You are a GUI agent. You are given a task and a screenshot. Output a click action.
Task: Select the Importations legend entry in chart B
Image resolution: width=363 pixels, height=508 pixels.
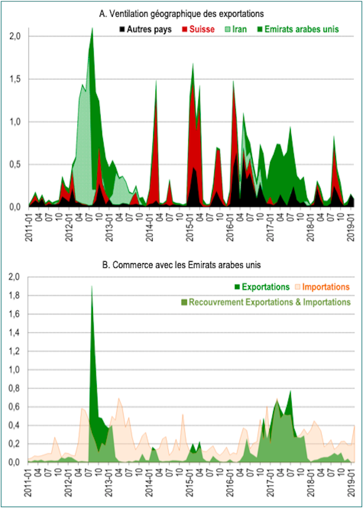click(323, 287)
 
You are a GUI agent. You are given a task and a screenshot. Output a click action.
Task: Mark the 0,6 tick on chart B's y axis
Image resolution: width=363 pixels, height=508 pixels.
click(16, 406)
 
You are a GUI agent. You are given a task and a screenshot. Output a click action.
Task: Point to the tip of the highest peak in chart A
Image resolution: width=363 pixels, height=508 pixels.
click(92, 29)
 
